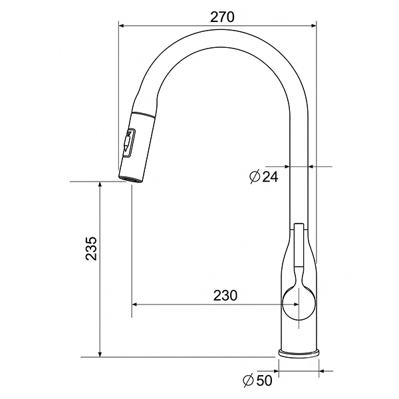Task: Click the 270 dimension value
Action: point(222,17)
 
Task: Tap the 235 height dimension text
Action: point(91,248)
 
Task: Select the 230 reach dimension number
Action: point(225,295)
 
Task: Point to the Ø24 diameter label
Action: point(264,176)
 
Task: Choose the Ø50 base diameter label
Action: point(257,380)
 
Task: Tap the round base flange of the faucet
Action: point(299,353)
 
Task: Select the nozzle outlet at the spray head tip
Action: point(130,179)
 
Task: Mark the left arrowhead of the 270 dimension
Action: point(122,25)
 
